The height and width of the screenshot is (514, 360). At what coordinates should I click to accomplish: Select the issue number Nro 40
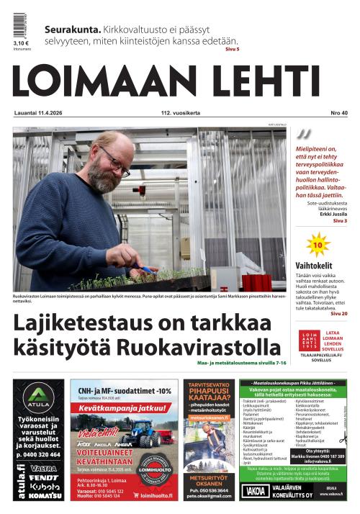coord(339,113)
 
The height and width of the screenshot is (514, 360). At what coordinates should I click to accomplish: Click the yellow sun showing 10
coord(316,245)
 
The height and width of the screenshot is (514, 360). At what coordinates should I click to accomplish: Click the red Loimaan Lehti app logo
coord(310,340)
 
